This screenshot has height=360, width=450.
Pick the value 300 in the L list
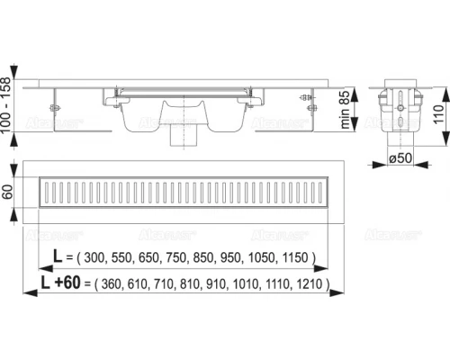point(94,257)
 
